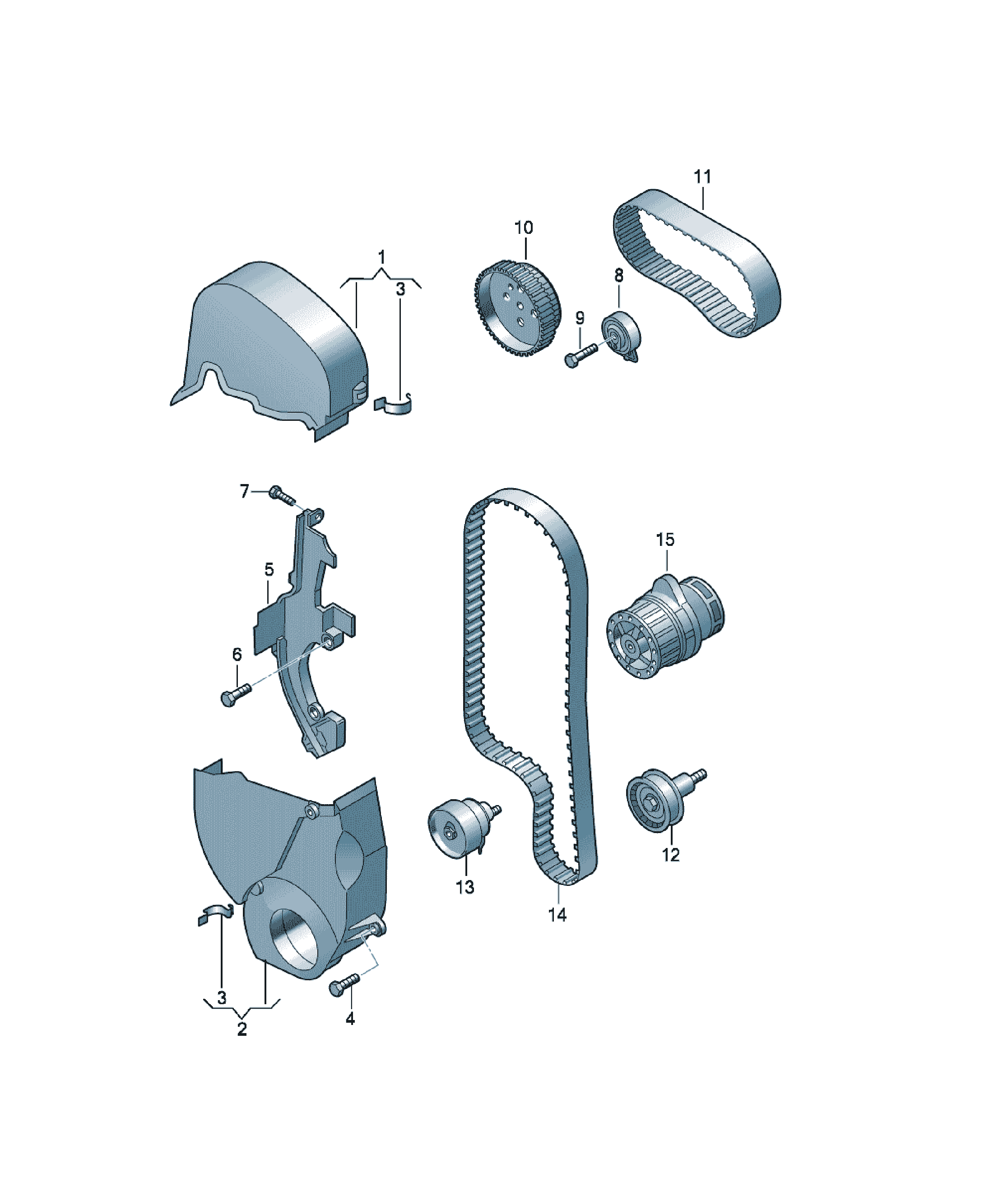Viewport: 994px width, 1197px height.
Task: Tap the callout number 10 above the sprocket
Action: (523, 228)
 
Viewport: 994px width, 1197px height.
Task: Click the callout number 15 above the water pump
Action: (665, 539)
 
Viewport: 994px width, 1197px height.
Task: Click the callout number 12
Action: (671, 855)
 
